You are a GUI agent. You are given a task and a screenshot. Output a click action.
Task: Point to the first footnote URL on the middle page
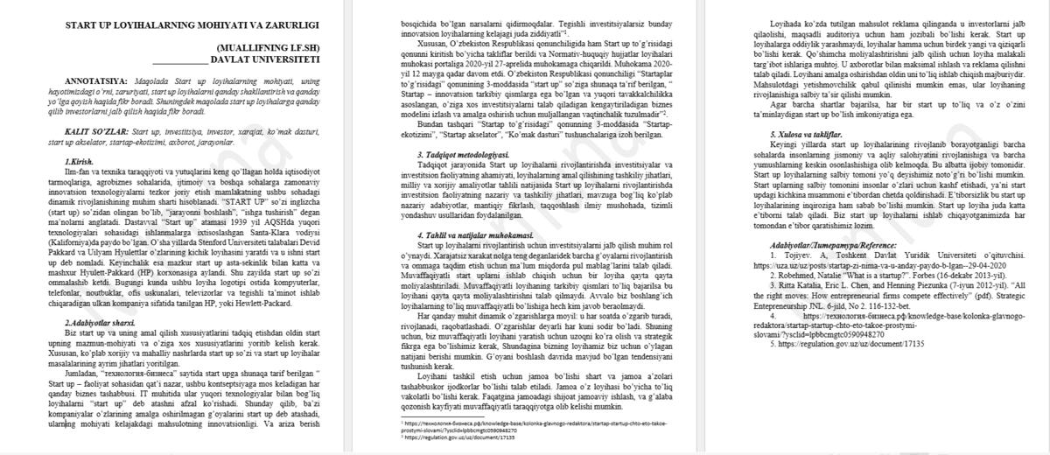click(525, 423)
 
